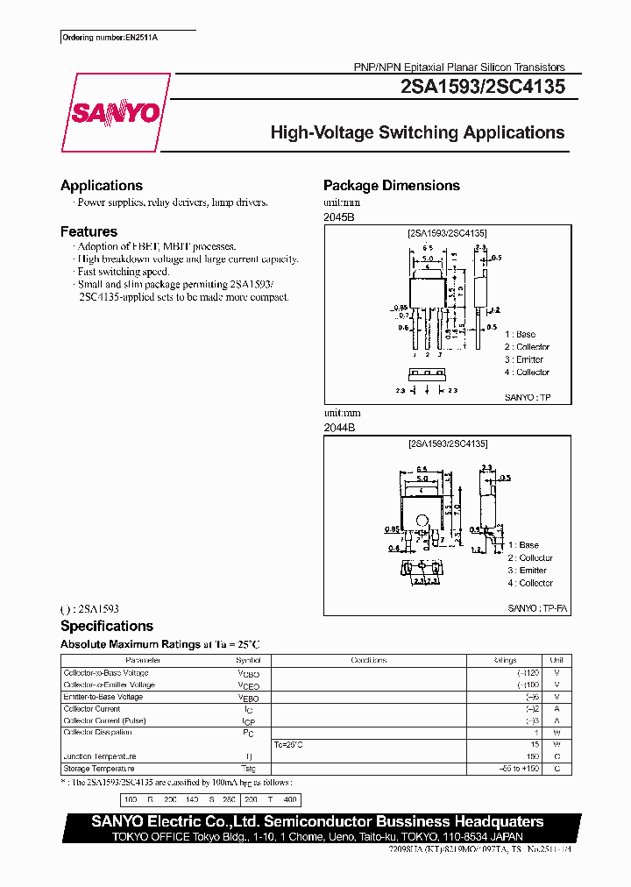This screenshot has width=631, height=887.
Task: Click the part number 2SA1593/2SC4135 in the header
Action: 482,87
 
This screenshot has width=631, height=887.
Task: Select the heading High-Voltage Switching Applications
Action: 417,133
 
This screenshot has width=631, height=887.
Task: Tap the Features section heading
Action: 89,232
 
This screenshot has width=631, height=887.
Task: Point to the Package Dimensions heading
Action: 391,186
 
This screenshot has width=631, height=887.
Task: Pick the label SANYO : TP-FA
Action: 538,608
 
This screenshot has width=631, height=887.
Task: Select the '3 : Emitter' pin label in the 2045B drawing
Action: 524,359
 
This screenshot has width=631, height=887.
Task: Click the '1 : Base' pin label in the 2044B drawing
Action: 523,545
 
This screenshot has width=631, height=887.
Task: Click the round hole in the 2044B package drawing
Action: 422,529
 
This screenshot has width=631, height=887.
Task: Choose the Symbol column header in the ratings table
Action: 248,661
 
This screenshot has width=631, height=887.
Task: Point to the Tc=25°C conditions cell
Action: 288,745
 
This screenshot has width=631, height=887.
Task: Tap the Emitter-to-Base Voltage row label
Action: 103,698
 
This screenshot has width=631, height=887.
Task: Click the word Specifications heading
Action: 107,626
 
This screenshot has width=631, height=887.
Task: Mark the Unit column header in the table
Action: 556,661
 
